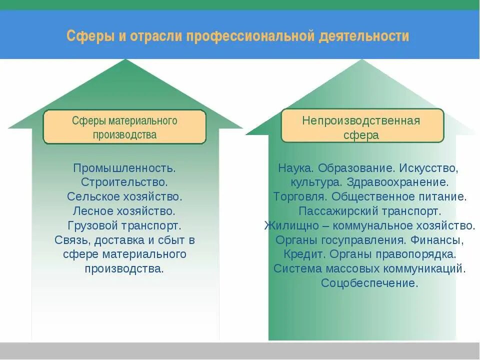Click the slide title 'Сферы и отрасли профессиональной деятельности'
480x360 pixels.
238,36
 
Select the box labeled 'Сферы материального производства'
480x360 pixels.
124,127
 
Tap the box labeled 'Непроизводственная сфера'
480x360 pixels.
362,127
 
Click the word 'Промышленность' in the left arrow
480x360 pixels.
123,168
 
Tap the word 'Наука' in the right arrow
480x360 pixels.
295,168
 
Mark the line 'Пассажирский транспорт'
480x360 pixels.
370,211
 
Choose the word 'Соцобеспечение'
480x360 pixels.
369,283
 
